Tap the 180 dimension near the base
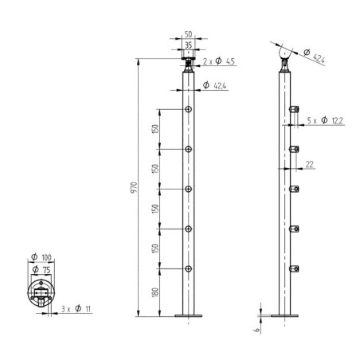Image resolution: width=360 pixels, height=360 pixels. [157, 294]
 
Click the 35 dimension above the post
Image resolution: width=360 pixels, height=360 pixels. [189, 46]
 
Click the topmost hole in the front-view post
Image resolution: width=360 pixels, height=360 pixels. [189, 108]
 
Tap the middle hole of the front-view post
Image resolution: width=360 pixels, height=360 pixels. [189, 190]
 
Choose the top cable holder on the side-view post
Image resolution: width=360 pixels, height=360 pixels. [294, 108]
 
